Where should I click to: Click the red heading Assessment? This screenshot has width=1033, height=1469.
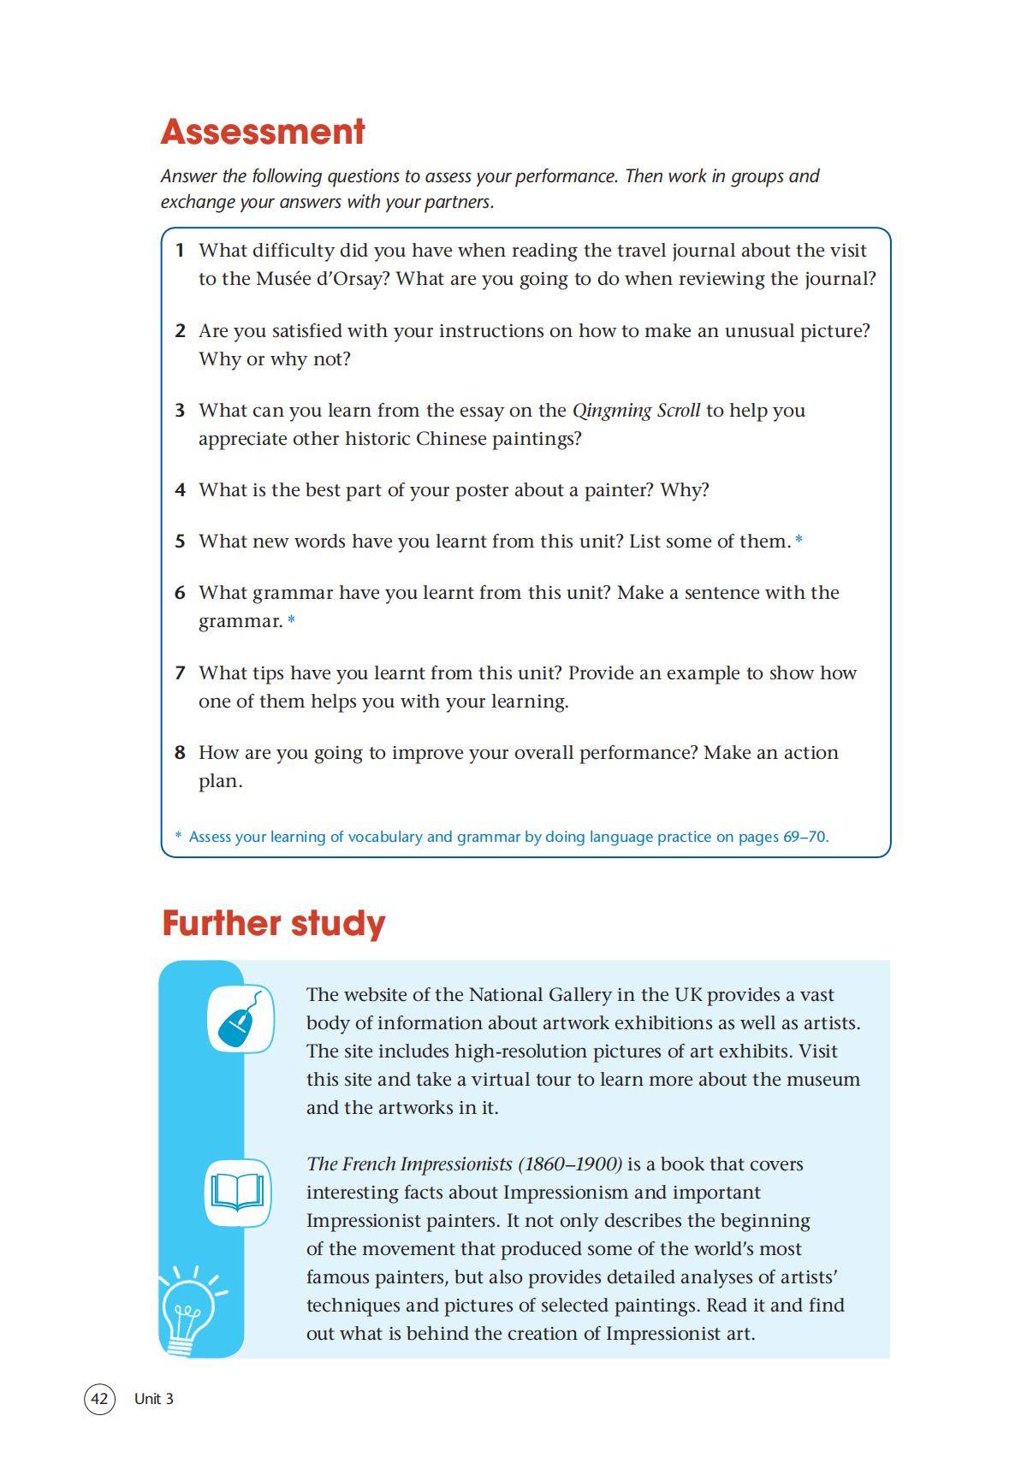coord(263,132)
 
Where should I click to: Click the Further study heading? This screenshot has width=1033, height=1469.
coord(273,923)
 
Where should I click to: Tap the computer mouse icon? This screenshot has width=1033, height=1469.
coord(240,1019)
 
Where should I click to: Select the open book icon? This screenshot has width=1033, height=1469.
coord(238,1192)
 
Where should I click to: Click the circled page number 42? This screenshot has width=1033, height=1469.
coord(99,1399)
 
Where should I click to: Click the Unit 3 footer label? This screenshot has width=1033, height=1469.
coord(154,1399)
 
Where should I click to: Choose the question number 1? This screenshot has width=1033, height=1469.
coord(180,251)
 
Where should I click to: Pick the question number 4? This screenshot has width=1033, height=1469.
coord(180,490)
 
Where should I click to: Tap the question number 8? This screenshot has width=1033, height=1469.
coord(180,753)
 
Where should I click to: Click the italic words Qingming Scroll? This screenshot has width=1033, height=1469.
coord(636,411)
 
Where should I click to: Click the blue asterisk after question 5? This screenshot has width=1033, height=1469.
coord(798,541)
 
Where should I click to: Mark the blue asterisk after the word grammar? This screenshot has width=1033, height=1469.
coord(291,620)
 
